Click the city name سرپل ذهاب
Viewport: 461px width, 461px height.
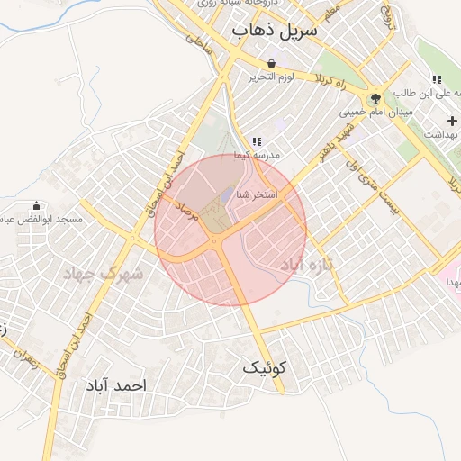point(276,31)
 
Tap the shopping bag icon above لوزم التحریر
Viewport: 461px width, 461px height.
point(272,63)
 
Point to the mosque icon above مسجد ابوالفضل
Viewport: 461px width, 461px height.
point(36,206)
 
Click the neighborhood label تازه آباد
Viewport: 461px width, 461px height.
point(306,266)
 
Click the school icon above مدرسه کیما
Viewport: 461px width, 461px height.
point(257,141)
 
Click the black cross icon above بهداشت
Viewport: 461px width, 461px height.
point(451,121)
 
